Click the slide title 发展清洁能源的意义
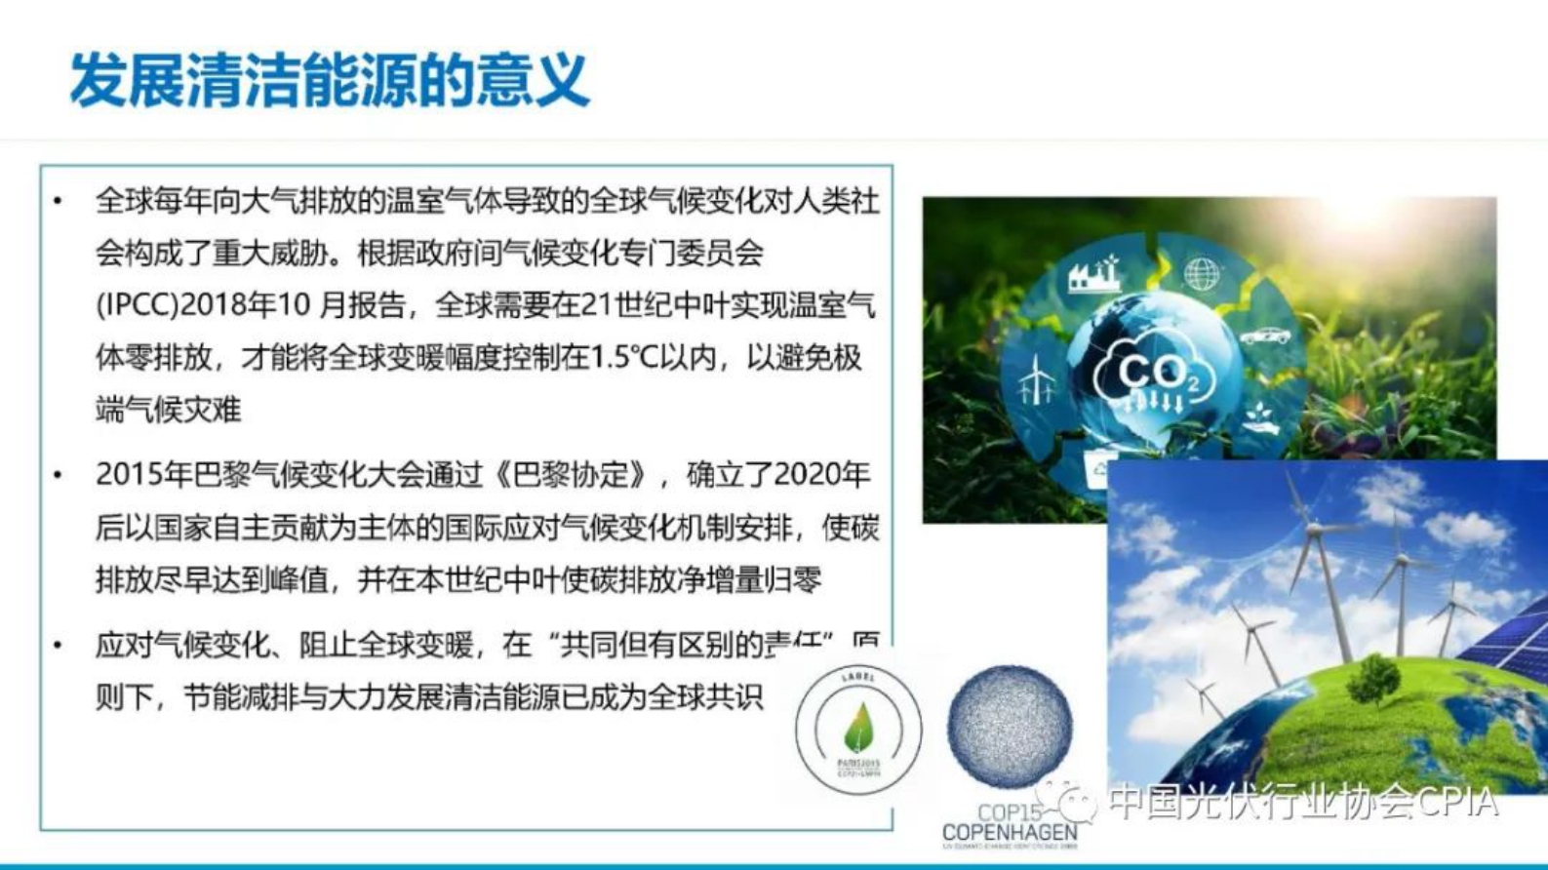(329, 80)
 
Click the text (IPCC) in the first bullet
(137, 305)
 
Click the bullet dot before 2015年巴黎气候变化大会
(59, 476)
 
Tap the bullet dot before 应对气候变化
(59, 646)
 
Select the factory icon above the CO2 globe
(1093, 274)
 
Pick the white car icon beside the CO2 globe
(1265, 336)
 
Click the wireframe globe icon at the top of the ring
(1201, 274)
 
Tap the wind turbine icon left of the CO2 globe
(1035, 380)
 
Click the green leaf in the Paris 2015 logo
(858, 727)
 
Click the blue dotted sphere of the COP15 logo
(1010, 727)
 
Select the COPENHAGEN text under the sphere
(1010, 834)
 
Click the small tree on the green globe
(1374, 678)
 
